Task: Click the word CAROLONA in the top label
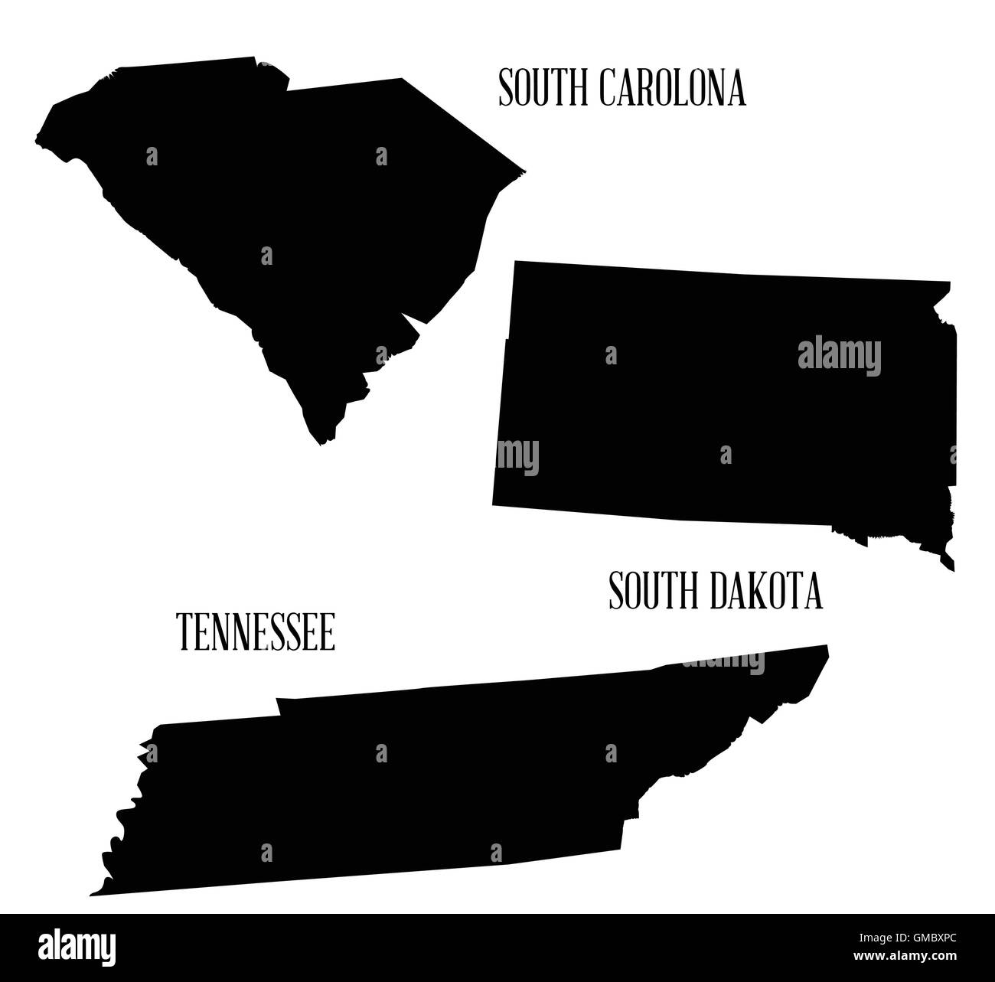point(672,88)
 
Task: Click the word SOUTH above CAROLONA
point(544,88)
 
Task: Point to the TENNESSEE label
point(256,633)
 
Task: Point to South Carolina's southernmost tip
point(321,444)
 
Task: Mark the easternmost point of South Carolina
point(526,171)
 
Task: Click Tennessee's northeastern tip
point(827,646)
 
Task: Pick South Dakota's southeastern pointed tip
point(953,570)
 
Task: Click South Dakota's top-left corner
point(515,262)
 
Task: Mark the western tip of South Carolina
point(35,142)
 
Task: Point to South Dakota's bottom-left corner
point(493,504)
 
